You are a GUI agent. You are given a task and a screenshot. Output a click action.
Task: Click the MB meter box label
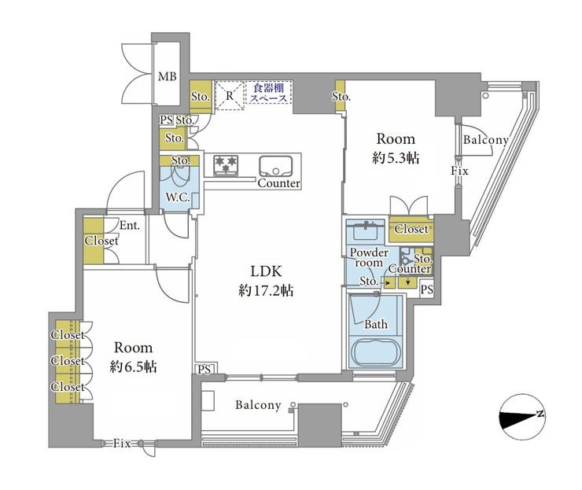168,77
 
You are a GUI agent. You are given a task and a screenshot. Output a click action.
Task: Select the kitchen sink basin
276,167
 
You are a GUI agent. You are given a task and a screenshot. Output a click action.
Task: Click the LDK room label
266,271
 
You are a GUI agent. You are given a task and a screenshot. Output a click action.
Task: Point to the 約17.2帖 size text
266,291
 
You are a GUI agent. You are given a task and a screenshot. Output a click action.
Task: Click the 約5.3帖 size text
396,158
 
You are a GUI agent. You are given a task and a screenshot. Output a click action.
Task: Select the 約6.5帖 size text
133,367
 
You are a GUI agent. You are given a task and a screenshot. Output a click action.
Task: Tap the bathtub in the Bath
376,352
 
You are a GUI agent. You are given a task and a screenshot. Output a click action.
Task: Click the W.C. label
178,197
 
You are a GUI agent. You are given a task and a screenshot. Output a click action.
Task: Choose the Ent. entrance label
130,225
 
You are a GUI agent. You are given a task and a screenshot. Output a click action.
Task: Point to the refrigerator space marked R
230,95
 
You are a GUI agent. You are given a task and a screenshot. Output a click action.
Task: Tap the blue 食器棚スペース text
269,93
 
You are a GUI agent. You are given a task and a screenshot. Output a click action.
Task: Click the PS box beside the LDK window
204,370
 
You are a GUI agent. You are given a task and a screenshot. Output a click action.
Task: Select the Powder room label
369,257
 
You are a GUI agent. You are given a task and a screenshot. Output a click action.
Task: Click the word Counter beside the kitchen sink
278,183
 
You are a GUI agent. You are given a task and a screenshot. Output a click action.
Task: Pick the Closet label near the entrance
101,241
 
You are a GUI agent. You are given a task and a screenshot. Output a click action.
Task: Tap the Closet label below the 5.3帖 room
411,229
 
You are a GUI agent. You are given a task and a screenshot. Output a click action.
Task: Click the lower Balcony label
258,404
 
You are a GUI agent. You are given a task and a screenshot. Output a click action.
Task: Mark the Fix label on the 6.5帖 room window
122,444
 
